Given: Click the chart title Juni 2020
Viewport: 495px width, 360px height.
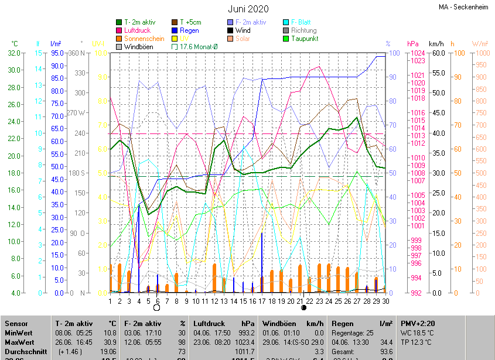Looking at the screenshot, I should click(x=248, y=9).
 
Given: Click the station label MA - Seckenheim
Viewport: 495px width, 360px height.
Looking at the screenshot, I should click(x=463, y=7).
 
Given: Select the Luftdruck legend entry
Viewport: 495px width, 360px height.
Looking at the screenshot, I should click(x=138, y=30).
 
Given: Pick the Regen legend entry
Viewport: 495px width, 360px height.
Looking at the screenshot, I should click(x=189, y=30).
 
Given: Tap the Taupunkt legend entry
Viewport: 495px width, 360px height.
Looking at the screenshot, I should click(x=304, y=39).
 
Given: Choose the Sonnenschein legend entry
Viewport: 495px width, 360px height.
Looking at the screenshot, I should click(x=143, y=39).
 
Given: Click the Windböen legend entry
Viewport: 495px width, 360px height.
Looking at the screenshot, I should click(x=139, y=47).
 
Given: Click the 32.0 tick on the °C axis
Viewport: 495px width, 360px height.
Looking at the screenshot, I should click(x=14, y=53).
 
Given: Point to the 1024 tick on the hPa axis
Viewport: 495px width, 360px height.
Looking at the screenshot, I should click(x=418, y=53).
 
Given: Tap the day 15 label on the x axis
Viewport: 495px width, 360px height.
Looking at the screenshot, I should click(x=234, y=301).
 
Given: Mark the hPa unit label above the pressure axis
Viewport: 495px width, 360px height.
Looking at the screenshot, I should click(x=412, y=44).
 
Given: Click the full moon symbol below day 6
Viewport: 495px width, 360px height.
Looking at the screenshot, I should click(x=156, y=307).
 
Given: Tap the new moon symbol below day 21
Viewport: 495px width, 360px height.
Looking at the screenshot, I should click(x=303, y=307).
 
